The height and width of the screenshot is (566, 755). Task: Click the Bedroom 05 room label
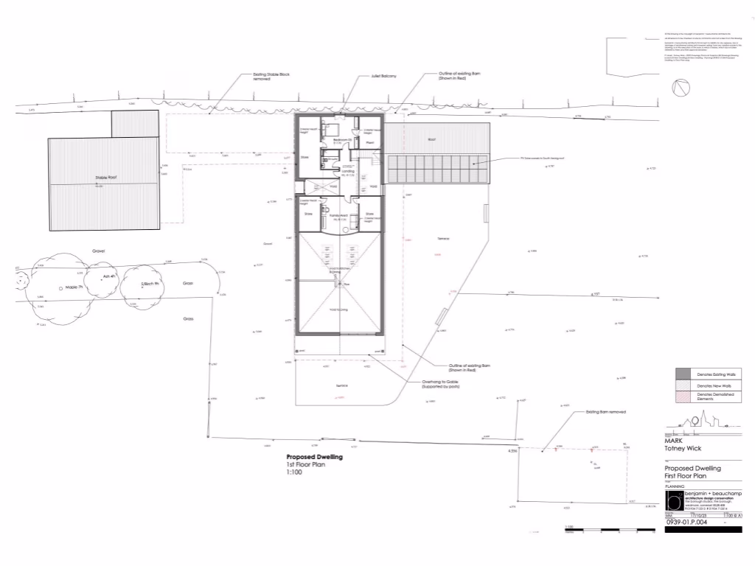point(340,140)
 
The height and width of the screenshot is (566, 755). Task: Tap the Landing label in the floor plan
point(346,173)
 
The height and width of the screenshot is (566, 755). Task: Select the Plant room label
point(371,143)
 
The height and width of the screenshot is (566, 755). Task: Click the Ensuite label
point(333,158)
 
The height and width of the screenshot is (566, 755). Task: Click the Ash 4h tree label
point(109,277)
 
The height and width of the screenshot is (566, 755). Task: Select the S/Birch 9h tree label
point(152,284)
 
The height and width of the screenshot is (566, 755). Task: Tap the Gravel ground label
point(99,251)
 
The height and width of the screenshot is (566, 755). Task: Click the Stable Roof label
point(106,178)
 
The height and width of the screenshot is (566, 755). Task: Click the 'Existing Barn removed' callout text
point(605,412)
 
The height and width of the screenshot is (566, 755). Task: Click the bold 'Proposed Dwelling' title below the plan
point(314,457)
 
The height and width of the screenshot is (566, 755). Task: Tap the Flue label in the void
point(345,284)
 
